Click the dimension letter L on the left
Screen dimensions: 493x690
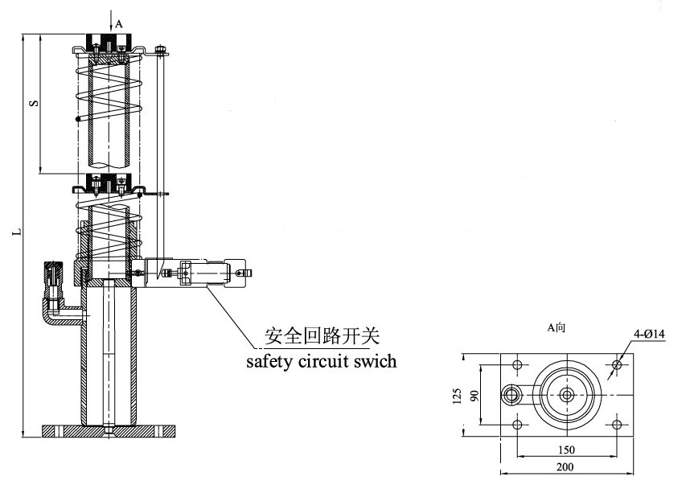(17, 233)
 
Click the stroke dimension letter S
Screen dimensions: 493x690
(32, 103)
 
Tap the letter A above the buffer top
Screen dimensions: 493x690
(119, 24)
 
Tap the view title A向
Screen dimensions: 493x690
(557, 327)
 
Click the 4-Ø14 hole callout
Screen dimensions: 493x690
(649, 334)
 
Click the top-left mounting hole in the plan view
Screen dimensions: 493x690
(517, 365)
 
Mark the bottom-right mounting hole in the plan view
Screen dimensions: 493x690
(617, 424)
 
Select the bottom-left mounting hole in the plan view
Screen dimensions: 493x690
(517, 424)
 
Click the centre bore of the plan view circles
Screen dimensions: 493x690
(567, 394)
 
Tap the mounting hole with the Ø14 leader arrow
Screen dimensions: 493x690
(617, 365)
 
